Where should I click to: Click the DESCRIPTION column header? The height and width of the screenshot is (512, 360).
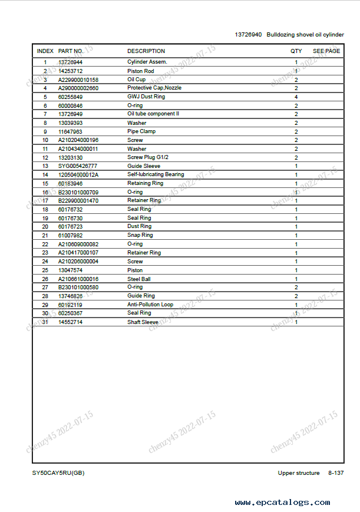pos(146,51)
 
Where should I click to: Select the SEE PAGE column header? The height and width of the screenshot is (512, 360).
pos(326,51)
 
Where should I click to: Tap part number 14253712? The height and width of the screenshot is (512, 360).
pos(70,71)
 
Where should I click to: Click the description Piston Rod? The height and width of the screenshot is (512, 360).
pos(141,71)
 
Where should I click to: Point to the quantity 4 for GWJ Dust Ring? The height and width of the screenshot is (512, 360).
pos(296,97)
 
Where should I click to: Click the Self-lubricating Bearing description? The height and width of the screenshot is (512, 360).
pos(156,174)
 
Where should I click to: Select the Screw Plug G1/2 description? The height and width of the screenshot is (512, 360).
pos(148,157)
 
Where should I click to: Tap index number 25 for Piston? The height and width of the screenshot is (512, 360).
pos(45,270)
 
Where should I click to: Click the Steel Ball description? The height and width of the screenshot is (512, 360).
pos(139,279)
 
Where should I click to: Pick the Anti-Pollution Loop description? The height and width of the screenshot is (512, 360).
pos(150,305)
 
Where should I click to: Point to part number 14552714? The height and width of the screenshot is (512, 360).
pos(70,322)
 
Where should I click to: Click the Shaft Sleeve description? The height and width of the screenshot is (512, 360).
pos(143,322)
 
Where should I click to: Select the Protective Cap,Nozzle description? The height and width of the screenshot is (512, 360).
pos(154,88)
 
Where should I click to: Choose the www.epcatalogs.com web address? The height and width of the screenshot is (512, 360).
pos(282,503)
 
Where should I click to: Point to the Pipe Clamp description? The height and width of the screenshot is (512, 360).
pos(141,131)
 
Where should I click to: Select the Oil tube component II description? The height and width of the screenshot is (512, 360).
pos(153,114)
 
